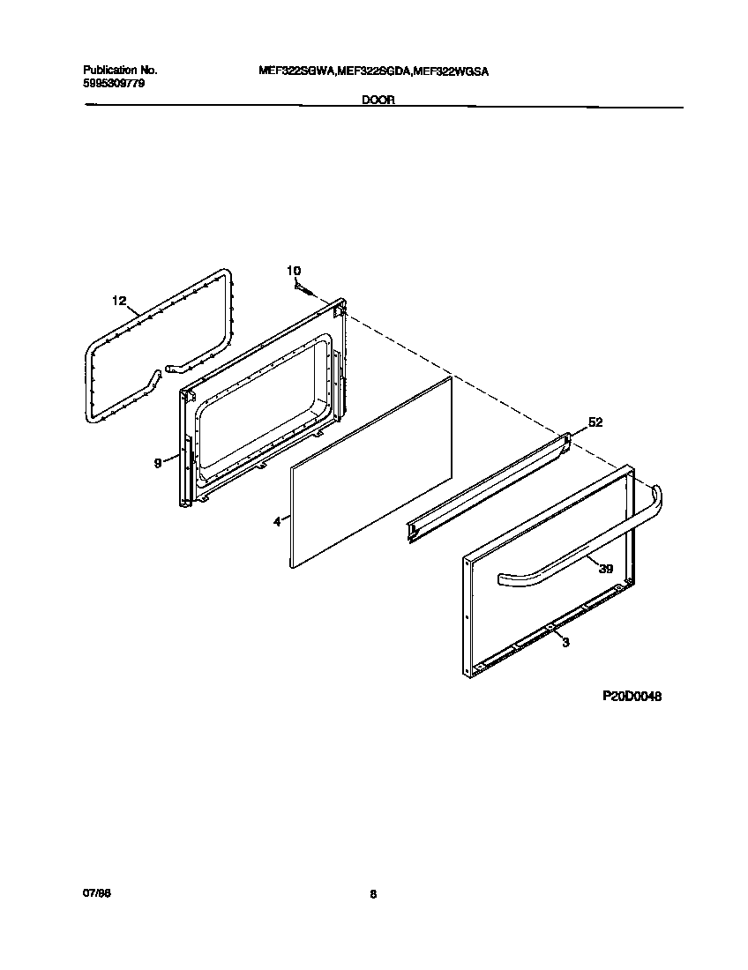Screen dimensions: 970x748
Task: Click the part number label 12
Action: [x=119, y=301]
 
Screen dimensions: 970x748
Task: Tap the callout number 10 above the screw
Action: [x=294, y=270]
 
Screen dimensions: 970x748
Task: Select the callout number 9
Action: [x=158, y=462]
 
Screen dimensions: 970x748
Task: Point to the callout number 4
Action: [x=276, y=522]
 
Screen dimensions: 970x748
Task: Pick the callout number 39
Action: [x=606, y=569]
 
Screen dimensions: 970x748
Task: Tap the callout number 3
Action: [x=565, y=643]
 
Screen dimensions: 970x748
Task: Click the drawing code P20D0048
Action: [x=632, y=696]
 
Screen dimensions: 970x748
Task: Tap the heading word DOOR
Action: [x=378, y=101]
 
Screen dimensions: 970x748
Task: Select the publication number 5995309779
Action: [x=114, y=82]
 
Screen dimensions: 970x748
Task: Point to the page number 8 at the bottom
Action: [x=373, y=894]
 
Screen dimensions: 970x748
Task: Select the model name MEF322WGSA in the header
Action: [x=451, y=69]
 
